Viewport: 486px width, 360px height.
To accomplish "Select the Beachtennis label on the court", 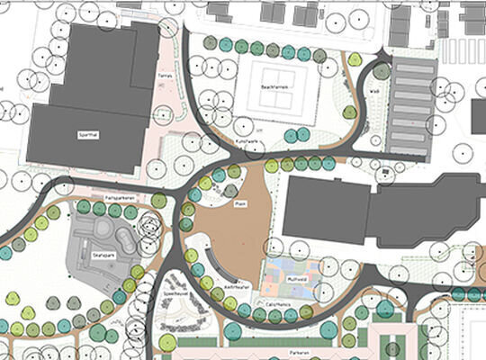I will pyautogui.click(x=274, y=87).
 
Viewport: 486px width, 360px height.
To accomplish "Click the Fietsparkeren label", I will pyautogui.click(x=119, y=196).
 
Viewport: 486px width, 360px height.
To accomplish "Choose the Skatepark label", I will pyautogui.click(x=105, y=256).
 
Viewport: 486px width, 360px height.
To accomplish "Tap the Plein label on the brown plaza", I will pyautogui.click(x=240, y=204).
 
